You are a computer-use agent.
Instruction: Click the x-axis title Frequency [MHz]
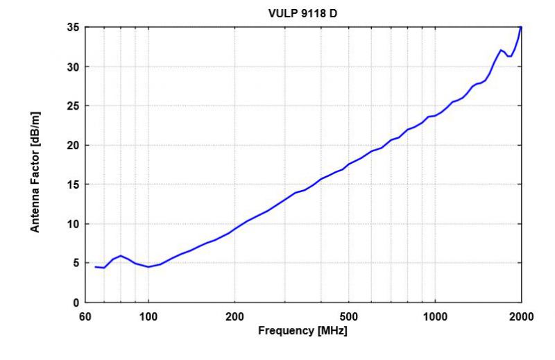click(x=302, y=331)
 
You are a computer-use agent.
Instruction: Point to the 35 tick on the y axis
click(x=71, y=28)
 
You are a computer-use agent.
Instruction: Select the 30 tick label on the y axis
click(x=71, y=67)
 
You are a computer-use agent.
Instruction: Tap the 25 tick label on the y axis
click(x=71, y=106)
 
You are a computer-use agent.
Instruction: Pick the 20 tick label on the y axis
click(x=71, y=146)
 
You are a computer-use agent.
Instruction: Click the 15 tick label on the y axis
click(x=71, y=185)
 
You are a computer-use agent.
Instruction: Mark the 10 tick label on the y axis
click(x=71, y=224)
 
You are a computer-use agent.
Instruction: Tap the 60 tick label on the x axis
click(x=85, y=316)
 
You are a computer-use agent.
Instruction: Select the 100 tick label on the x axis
click(x=148, y=316)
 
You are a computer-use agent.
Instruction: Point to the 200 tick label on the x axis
click(x=235, y=316)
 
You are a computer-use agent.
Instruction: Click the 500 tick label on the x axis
click(x=349, y=316)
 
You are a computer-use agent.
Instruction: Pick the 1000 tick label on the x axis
click(x=435, y=316)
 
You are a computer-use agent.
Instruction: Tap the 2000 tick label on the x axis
click(x=521, y=316)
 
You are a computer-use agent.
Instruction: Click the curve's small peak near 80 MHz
click(x=121, y=256)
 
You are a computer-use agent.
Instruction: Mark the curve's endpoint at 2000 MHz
click(x=521, y=28)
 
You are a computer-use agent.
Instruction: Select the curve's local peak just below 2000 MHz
click(x=501, y=50)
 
